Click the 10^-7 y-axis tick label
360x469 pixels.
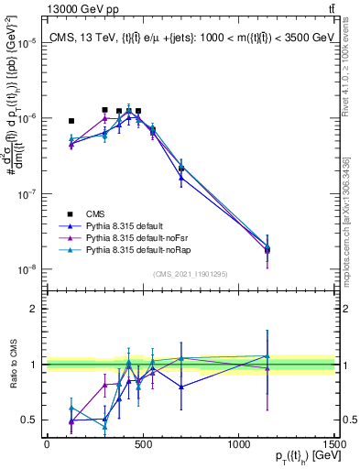pos(26,194)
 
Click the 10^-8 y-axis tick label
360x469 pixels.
pos(26,270)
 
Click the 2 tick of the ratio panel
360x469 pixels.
pos(34,309)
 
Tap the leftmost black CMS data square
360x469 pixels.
pos(71,121)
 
